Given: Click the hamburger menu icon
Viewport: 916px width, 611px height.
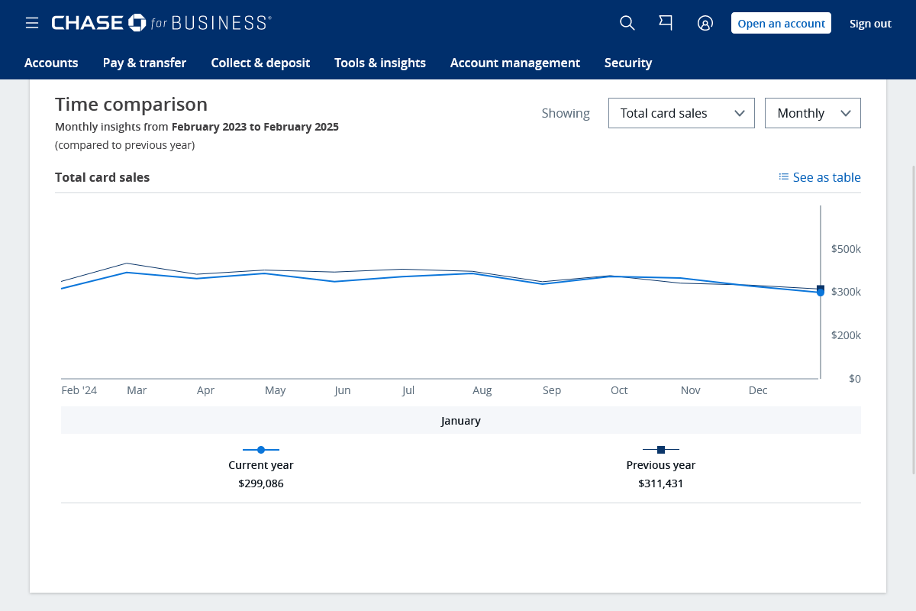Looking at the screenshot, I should [32, 24].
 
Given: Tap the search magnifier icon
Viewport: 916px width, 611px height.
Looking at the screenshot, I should [627, 23].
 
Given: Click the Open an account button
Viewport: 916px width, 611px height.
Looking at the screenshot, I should [781, 23].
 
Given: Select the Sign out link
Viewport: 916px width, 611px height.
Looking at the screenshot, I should [870, 24].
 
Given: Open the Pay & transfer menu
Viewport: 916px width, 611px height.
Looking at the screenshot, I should [144, 63].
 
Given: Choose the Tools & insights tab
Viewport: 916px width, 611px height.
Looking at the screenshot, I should [380, 63].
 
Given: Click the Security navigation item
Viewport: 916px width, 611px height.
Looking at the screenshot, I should [627, 63].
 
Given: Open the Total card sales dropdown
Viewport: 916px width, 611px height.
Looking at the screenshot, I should [681, 113].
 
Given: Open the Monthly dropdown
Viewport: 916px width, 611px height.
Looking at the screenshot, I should [812, 113].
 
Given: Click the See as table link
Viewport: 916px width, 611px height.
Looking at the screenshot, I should [820, 177].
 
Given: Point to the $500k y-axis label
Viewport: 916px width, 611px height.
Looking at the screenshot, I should [846, 249].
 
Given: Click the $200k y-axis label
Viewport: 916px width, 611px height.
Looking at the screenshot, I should [846, 335].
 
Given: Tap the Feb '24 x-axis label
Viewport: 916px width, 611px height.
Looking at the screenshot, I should [79, 390].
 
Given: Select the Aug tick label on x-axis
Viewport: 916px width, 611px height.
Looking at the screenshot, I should [482, 390].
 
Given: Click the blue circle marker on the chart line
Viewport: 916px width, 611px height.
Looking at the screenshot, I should [821, 293].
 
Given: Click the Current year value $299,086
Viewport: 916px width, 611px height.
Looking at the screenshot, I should [261, 483].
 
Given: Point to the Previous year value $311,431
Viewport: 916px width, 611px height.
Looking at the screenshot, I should [660, 483].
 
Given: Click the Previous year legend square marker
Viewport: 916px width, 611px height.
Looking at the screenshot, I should [661, 450].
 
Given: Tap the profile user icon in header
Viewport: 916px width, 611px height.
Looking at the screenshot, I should [705, 23].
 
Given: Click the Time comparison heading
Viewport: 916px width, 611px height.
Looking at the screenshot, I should [131, 105].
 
